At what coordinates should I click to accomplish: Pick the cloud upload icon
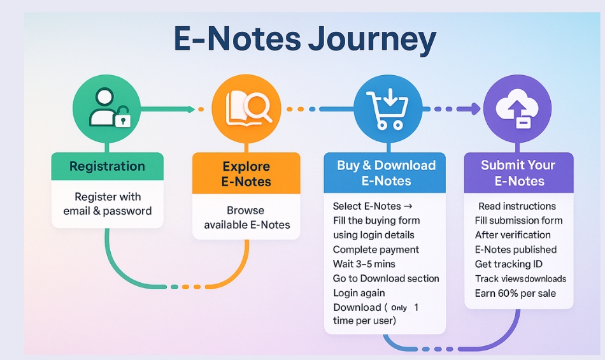516,108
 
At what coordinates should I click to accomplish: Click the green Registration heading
107,166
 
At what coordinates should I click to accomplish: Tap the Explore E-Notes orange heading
246,174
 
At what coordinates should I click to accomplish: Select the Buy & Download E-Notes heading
386,173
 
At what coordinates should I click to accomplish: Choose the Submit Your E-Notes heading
518,173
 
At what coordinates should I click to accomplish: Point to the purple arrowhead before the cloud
475,109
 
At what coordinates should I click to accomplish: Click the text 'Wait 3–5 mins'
364,264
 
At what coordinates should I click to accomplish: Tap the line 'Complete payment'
376,250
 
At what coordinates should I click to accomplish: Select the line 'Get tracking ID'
509,264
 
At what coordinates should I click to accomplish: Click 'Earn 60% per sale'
515,293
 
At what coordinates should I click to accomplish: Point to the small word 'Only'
399,308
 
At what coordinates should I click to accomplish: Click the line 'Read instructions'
517,206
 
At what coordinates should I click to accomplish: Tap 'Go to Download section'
386,278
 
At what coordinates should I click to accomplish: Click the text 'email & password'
107,211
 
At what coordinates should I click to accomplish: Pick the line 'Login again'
359,293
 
